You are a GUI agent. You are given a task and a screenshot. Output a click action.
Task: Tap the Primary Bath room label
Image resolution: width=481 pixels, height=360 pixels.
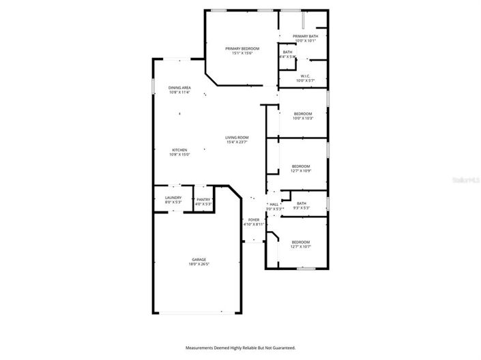[x=305, y=36]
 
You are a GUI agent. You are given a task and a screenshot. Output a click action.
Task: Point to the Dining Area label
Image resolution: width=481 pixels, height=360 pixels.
[x=179, y=88]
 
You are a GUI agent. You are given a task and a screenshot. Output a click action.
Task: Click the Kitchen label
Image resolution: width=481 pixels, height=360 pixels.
[x=179, y=150]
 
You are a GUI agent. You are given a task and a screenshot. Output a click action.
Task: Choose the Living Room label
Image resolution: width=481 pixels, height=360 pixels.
[x=237, y=138]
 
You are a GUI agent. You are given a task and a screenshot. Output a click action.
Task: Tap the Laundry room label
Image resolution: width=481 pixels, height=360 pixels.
[x=173, y=198]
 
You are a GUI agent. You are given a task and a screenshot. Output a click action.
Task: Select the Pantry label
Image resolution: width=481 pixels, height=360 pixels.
[x=203, y=199]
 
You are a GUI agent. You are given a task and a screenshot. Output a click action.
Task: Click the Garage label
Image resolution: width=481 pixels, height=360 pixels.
[x=199, y=260]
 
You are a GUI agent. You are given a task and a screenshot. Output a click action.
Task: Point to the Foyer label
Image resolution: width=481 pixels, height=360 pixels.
[x=253, y=220]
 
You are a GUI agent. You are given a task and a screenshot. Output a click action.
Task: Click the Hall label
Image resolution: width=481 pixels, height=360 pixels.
[x=274, y=204]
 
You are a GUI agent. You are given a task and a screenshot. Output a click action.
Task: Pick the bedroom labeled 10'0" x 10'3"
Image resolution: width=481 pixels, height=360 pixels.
[x=302, y=113]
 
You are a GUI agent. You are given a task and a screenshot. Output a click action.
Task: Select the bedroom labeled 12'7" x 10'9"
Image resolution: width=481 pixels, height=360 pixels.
[x=301, y=166]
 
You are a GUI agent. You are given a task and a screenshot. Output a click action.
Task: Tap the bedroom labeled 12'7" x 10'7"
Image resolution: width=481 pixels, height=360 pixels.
[x=300, y=242]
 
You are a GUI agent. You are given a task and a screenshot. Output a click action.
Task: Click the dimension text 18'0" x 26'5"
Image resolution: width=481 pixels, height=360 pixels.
[x=199, y=265]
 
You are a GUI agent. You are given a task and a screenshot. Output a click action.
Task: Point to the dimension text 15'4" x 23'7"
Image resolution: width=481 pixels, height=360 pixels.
[x=237, y=142]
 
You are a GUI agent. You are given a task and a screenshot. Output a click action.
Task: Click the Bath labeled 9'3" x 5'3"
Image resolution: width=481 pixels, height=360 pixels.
[x=301, y=203]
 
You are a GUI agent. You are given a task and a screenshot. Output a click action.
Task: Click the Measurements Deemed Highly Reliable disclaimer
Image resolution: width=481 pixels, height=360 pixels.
[x=240, y=348]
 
